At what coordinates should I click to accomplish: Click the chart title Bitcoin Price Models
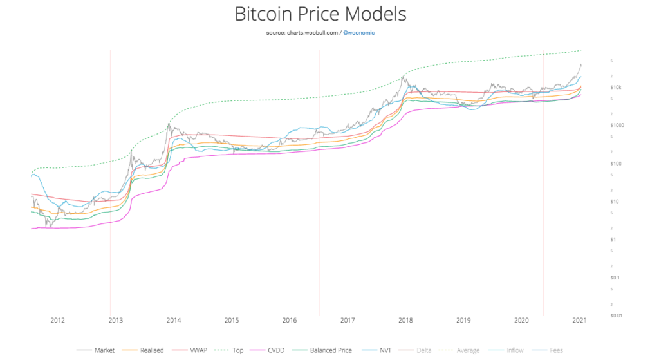point(329,14)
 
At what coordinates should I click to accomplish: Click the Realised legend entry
point(151,350)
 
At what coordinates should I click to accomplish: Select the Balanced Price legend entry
point(330,350)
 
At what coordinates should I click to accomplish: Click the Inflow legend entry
point(514,350)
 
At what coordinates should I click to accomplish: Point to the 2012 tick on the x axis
point(57,320)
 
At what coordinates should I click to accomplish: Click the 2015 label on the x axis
point(232,320)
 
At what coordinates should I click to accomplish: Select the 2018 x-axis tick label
point(405,320)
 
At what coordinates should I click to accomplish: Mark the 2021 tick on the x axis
point(580,320)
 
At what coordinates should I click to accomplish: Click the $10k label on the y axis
point(615,87)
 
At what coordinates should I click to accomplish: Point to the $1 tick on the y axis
point(613,240)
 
